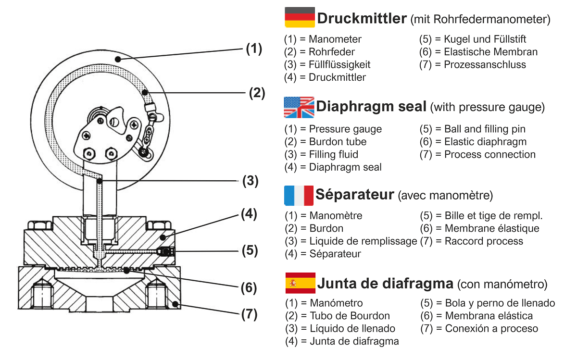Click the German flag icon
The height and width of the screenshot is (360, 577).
coord(300,17)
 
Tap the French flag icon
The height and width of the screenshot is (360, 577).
coord(299,195)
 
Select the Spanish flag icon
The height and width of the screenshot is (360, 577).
coord(300,283)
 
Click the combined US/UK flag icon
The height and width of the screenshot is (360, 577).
coord(299,107)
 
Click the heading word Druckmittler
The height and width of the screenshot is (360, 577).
coord(362,19)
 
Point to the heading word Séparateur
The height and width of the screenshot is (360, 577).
coord(355,195)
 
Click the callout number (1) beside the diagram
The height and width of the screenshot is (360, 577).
coord(254,49)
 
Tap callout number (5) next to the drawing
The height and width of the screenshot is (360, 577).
coord(249,250)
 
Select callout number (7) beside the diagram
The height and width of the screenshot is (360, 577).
coord(249,314)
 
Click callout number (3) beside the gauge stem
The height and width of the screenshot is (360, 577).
coord(250,181)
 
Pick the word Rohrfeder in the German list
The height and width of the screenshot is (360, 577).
coord(332,52)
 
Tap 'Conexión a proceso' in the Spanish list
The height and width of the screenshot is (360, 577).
coord(491,329)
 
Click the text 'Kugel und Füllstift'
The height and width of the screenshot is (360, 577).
coord(485,39)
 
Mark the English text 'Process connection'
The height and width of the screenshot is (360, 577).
coord(489,154)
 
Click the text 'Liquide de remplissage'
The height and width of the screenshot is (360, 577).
coord(363,241)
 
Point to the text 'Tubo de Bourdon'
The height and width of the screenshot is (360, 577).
coord(350,316)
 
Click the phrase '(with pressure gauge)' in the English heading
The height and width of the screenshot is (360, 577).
coord(487,107)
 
